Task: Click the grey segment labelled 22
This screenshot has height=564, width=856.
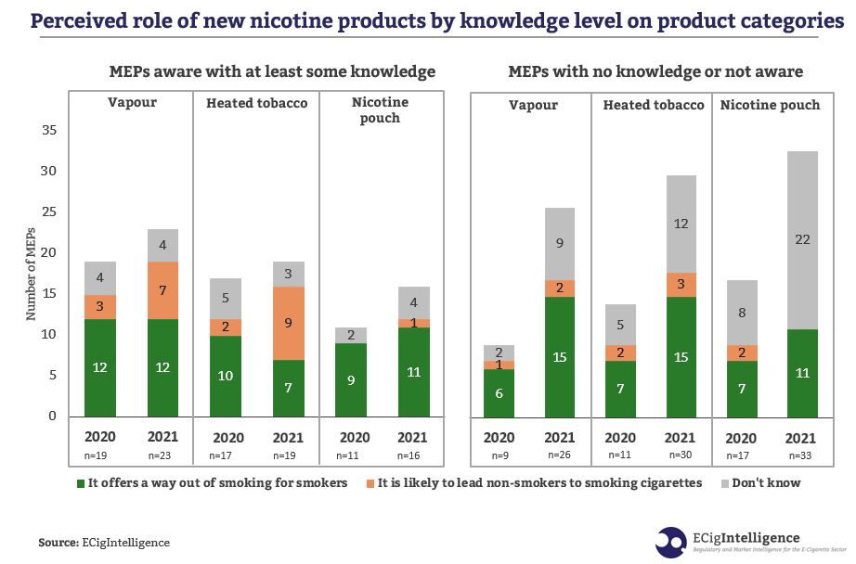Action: point(802,240)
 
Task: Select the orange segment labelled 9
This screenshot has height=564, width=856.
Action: point(288,324)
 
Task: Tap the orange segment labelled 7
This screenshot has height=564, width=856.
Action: point(162,291)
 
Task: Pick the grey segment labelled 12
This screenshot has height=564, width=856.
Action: point(681,224)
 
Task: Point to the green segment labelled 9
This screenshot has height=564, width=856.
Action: point(352,380)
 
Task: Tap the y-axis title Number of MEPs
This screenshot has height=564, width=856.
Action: point(31,276)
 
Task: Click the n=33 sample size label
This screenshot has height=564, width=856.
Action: point(803,456)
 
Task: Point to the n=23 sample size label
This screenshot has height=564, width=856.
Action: point(162,456)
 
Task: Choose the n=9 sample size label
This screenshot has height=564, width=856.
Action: point(499,456)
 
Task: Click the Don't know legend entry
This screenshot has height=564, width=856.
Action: point(766,482)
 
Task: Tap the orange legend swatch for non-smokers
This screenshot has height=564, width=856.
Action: point(370,483)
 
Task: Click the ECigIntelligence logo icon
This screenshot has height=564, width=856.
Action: point(671,542)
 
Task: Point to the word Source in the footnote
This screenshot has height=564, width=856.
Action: point(58,543)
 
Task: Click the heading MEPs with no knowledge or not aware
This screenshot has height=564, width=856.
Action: point(655,71)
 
